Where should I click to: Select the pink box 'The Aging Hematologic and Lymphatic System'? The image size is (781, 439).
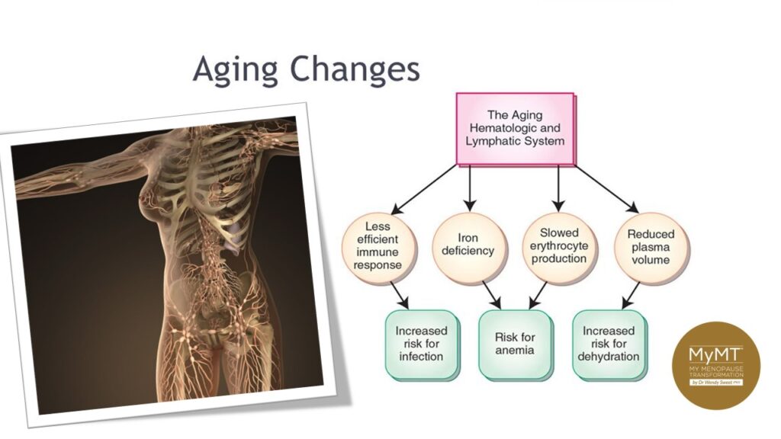click(515, 129)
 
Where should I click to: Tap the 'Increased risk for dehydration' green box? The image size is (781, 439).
click(609, 344)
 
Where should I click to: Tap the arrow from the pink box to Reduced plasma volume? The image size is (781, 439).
click(606, 187)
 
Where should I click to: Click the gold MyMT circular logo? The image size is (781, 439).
click(715, 365)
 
